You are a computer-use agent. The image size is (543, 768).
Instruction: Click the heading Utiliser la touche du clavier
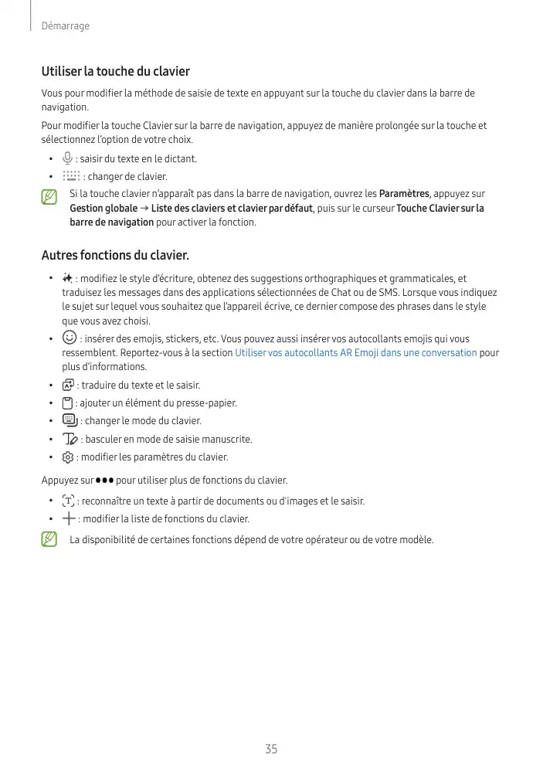(x=115, y=71)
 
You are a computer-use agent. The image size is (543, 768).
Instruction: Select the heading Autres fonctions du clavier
(x=115, y=255)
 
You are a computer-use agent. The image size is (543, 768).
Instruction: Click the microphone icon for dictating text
(x=68, y=158)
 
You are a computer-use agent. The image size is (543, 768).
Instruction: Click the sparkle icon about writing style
(x=68, y=278)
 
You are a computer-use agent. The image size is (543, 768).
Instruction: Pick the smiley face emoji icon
(x=70, y=338)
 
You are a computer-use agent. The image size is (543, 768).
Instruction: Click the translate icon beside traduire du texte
(x=69, y=385)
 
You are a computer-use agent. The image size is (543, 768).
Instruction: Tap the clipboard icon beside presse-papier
(x=68, y=403)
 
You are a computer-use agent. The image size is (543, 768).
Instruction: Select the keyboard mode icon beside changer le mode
(x=70, y=420)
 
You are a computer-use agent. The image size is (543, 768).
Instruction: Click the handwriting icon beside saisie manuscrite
(x=70, y=439)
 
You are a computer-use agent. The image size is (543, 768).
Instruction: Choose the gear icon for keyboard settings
(x=68, y=457)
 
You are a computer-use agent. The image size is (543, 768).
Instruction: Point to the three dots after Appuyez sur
(x=105, y=481)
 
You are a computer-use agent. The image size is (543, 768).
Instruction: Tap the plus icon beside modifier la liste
(x=69, y=518)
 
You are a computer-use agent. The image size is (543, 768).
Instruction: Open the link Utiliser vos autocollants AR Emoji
(x=355, y=353)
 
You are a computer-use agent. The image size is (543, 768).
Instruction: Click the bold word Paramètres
(x=405, y=194)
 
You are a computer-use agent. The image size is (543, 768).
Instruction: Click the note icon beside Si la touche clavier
(x=50, y=197)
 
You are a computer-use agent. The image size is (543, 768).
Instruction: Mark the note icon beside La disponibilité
(x=50, y=539)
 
